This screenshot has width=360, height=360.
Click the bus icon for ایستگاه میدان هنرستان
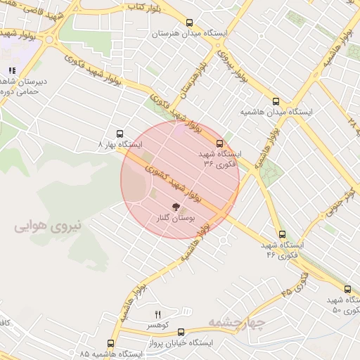[189, 22]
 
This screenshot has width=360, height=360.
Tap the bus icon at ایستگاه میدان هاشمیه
[275, 101]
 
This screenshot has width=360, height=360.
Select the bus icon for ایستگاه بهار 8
[119, 133]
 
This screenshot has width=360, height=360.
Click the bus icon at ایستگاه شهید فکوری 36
[219, 143]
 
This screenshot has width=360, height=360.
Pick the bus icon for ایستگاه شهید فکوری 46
[282, 234]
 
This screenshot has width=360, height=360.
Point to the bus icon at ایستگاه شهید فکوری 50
[347, 289]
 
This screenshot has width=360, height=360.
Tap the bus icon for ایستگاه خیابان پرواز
[181, 332]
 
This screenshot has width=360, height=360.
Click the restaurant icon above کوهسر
[157, 314]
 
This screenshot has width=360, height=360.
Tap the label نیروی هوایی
[48, 226]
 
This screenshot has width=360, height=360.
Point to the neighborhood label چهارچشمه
[236, 322]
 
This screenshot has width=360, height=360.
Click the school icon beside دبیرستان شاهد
[11, 70]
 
